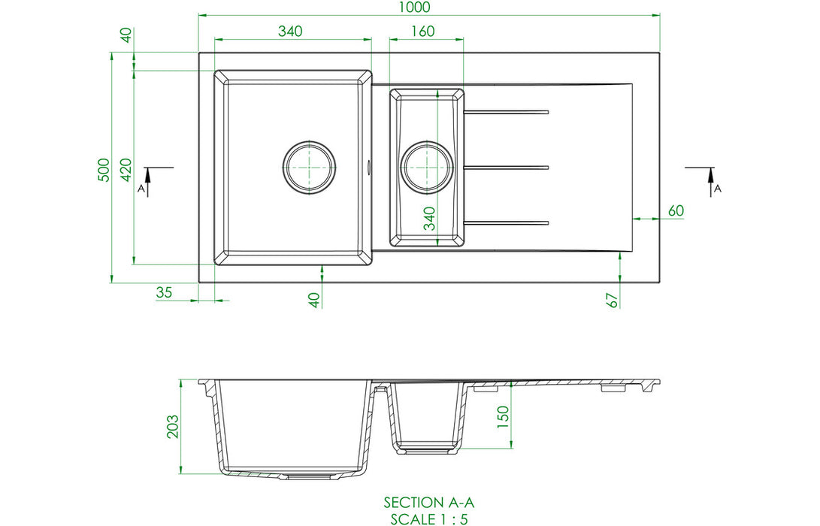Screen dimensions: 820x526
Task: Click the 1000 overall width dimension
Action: [x=414, y=8]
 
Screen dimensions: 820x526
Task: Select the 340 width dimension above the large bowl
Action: [x=289, y=32]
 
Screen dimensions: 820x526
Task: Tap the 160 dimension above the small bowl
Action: [x=422, y=32]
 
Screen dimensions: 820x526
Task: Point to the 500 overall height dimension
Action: [x=104, y=170]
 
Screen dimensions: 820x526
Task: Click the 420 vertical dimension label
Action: [x=126, y=170]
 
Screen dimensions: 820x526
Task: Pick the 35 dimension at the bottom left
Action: [x=164, y=292]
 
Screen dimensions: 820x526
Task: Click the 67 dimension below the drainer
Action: [x=612, y=300]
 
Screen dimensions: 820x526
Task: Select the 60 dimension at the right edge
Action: [x=676, y=210]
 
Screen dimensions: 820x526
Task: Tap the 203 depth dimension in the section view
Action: [x=172, y=427]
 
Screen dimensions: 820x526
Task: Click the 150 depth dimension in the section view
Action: [x=502, y=417]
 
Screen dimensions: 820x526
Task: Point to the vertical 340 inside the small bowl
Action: [x=429, y=219]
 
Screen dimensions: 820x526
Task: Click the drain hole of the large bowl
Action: [x=309, y=168]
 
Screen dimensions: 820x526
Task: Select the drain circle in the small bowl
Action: [x=427, y=168]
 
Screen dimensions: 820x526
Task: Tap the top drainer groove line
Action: [x=507, y=112]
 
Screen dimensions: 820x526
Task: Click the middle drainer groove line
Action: [x=507, y=168]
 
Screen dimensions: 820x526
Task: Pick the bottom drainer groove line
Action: [x=507, y=223]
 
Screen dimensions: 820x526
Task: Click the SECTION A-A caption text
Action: [x=429, y=503]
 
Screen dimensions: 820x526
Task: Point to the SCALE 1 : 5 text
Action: [x=429, y=519]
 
